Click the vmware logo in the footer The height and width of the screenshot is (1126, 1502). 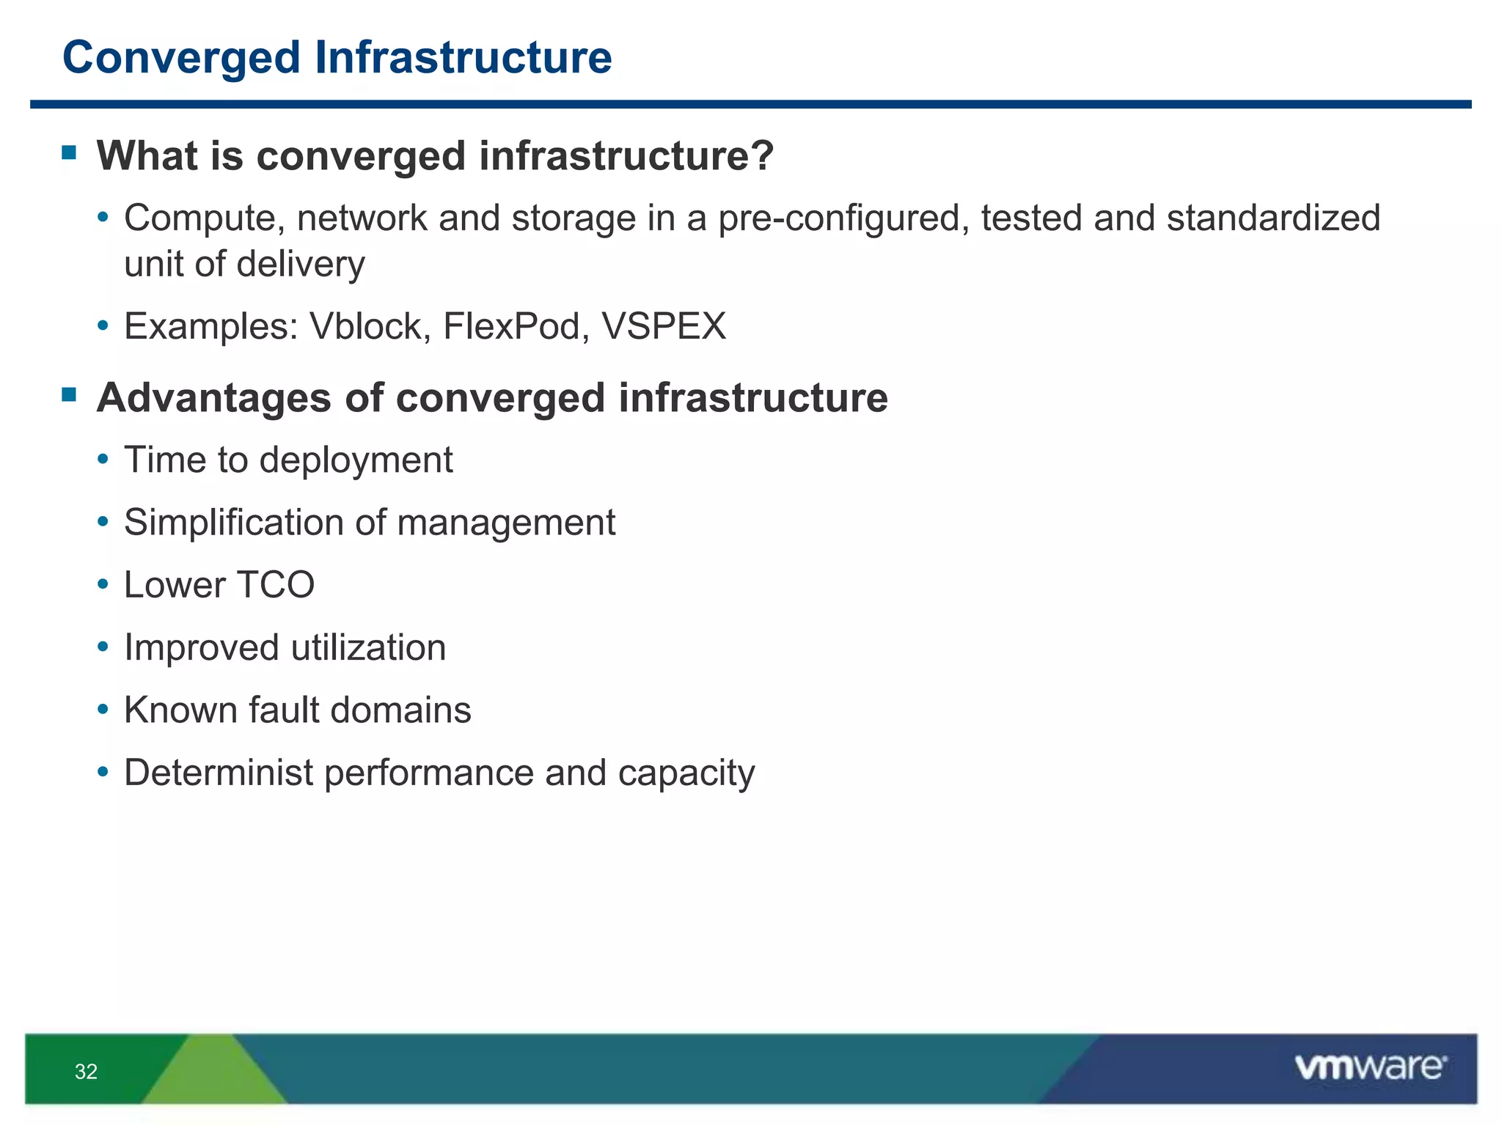pyautogui.click(x=1370, y=1067)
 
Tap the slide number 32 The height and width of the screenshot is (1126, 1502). pyautogui.click(x=86, y=1072)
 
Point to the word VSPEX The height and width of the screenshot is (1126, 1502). pyautogui.click(x=664, y=326)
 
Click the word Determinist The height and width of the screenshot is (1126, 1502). pyautogui.click(x=219, y=773)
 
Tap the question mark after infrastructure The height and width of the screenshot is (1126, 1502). pyautogui.click(x=762, y=155)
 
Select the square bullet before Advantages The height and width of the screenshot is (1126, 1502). pyautogui.click(x=70, y=396)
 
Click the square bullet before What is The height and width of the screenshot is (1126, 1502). pyautogui.click(x=70, y=153)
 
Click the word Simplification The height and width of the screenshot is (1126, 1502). pyautogui.click(x=233, y=523)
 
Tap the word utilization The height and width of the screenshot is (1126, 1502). pyautogui.click(x=368, y=648)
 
